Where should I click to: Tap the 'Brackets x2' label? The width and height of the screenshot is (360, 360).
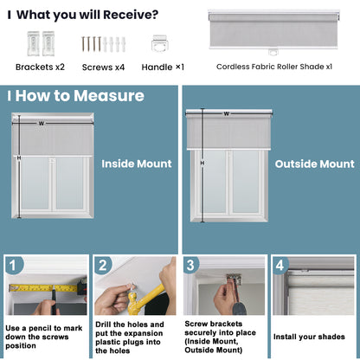tap(40, 66)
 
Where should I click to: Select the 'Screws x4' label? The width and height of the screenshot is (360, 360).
tap(104, 66)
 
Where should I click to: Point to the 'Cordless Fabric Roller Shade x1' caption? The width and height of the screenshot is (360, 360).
tap(273, 66)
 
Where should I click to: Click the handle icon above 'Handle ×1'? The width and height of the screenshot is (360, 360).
tap(160, 43)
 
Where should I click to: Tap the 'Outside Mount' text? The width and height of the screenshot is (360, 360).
tap(314, 163)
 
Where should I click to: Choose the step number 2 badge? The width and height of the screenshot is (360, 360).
tap(103, 265)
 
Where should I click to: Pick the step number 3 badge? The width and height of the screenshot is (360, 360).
tap(192, 265)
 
